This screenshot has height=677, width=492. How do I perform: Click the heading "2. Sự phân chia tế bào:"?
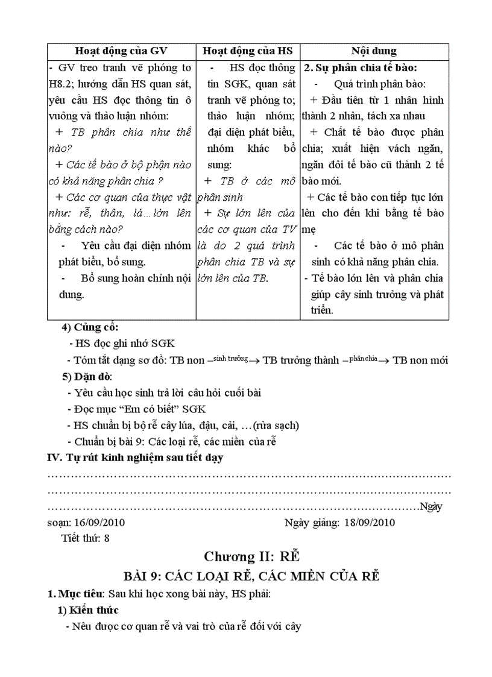coord(361,68)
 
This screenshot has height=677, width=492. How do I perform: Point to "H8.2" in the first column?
coord(61,84)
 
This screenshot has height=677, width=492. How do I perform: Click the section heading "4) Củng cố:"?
coord(90,328)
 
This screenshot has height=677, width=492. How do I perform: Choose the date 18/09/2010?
coord(369,523)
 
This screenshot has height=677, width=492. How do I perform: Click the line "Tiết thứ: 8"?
coord(86,538)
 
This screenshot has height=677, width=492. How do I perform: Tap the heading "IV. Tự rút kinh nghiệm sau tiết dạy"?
coord(135,458)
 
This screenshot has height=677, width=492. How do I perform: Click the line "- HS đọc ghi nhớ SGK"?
coord(122,344)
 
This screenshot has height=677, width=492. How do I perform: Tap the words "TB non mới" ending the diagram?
coord(420,361)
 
